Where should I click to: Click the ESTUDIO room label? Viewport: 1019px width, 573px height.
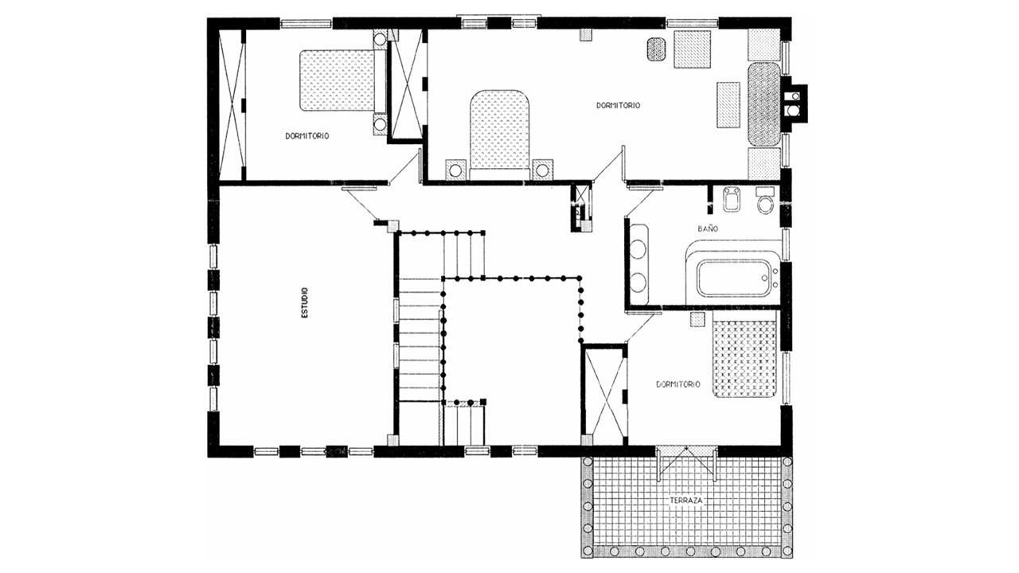(x=305, y=302)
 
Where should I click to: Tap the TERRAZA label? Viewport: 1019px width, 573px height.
(x=686, y=501)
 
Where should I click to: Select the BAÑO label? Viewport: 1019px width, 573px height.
(x=709, y=228)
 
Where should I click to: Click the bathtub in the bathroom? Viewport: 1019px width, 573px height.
(x=733, y=278)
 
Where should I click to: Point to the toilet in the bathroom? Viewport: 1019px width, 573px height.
(x=765, y=200)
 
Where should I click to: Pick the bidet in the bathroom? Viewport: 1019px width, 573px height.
(x=732, y=199)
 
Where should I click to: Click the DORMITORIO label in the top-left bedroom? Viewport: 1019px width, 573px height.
(x=307, y=136)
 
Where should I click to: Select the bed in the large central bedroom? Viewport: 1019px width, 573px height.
(x=499, y=134)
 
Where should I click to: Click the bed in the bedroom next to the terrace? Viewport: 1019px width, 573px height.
(x=744, y=359)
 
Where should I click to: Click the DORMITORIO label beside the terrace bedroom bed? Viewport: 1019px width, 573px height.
(x=677, y=384)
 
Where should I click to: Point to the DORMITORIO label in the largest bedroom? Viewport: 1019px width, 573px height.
(x=619, y=106)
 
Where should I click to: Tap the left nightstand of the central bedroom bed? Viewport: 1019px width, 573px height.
(x=455, y=170)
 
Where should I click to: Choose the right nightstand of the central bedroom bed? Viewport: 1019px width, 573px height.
(x=542, y=170)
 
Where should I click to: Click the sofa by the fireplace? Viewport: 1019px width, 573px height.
(x=764, y=104)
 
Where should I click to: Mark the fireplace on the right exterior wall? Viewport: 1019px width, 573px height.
(x=795, y=103)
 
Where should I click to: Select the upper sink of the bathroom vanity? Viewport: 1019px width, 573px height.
(x=638, y=251)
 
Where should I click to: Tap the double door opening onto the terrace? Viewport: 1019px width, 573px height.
(x=686, y=463)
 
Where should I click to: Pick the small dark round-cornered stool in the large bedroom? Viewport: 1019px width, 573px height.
(x=656, y=49)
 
